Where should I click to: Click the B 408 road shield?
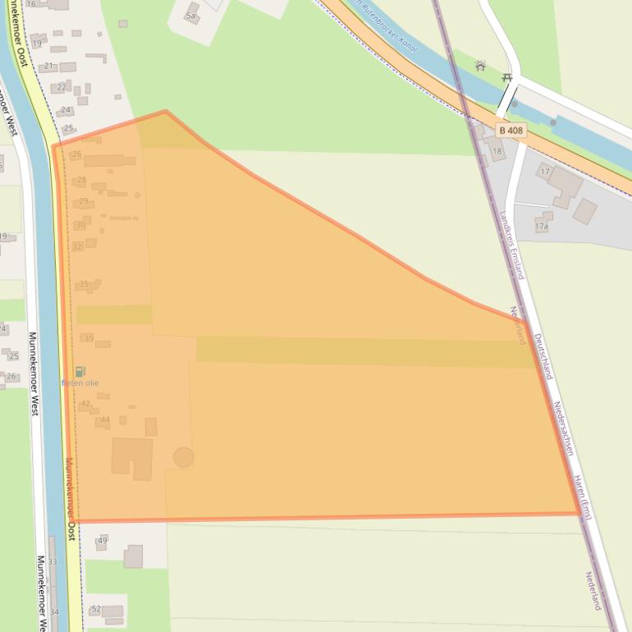click(x=510, y=131)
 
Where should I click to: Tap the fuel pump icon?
click(x=80, y=372)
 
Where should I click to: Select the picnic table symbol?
click(x=507, y=78)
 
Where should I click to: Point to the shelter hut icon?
click(x=480, y=66)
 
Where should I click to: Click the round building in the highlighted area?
click(x=183, y=457)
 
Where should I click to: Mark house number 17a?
click(x=542, y=227)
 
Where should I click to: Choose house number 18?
click(x=497, y=152)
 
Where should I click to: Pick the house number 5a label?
click(x=191, y=16)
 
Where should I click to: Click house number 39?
click(x=89, y=339)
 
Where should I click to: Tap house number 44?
click(x=105, y=420)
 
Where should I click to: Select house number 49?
click(x=103, y=540)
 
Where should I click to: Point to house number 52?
click(x=96, y=609)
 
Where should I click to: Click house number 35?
click(x=84, y=285)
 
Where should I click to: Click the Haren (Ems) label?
click(x=582, y=497)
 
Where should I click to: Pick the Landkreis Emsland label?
click(x=511, y=255)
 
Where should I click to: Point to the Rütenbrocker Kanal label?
click(x=384, y=27)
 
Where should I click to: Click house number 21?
click(x=48, y=66)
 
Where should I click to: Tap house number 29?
click(x=84, y=201)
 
